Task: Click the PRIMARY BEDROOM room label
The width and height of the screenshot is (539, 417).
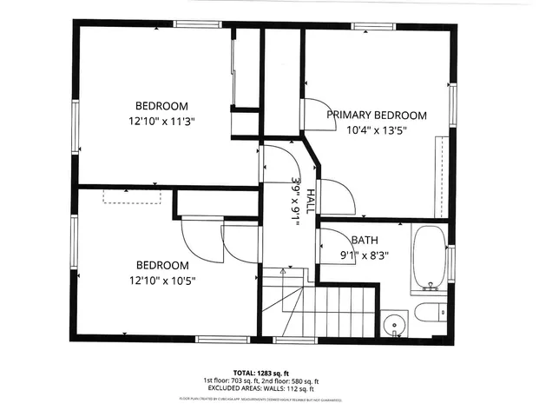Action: [376, 115]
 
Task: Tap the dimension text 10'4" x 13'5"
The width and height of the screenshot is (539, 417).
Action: [376, 129]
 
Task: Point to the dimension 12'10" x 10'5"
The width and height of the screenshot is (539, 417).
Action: [161, 280]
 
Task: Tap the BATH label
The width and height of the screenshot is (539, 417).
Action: [364, 241]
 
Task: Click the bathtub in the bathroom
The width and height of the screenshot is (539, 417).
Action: [428, 256]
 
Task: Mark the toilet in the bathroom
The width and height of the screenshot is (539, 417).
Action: [429, 312]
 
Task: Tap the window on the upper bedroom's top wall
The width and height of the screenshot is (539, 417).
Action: [194, 24]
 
